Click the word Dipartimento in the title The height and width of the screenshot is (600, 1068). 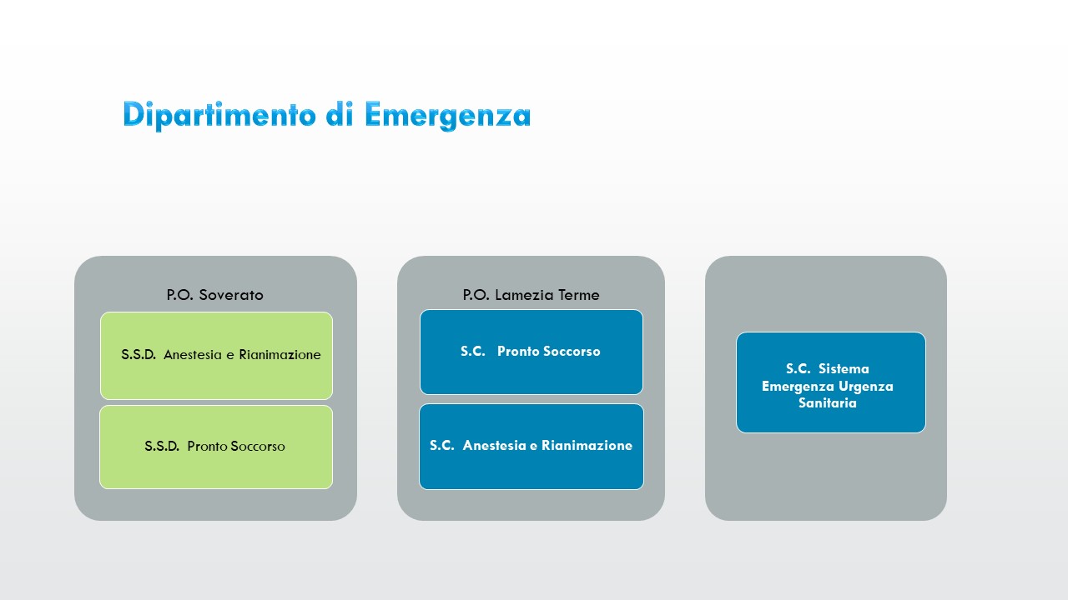click(219, 115)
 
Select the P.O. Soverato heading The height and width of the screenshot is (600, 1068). click(214, 295)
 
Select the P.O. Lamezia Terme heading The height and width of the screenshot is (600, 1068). click(531, 295)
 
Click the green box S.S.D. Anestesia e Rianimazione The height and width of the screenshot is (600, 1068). click(216, 356)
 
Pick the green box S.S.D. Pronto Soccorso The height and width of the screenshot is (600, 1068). click(216, 447)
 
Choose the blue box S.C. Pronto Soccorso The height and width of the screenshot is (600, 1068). click(531, 352)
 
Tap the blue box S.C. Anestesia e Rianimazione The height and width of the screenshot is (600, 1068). click(531, 446)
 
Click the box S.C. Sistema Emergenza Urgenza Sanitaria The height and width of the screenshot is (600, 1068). click(830, 383)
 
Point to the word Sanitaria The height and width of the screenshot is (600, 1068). click(827, 403)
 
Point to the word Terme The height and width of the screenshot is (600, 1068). click(579, 295)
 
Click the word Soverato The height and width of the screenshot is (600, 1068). click(231, 295)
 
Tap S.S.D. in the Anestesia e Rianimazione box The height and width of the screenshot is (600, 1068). click(139, 355)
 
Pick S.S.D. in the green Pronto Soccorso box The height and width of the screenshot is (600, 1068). click(162, 447)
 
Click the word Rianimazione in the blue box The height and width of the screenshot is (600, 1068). click(587, 446)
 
